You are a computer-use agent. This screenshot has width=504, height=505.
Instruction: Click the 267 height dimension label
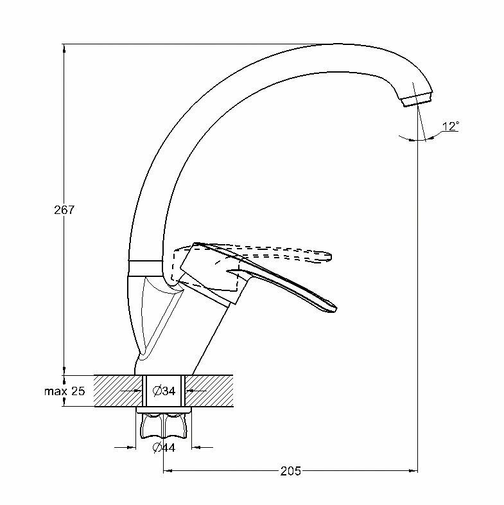[x=65, y=210]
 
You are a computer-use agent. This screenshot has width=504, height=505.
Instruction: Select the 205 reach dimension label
[x=291, y=471]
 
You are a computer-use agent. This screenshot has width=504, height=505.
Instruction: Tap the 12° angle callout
[x=451, y=127]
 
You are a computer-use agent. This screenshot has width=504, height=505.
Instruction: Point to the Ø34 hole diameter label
[x=164, y=390]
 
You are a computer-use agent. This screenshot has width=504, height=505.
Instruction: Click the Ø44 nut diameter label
[x=164, y=448]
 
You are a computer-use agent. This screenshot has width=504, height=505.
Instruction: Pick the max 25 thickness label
[x=64, y=391]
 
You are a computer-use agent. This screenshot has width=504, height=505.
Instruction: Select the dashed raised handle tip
[x=329, y=257]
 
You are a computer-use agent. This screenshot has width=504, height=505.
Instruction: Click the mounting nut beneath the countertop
[x=164, y=423]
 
